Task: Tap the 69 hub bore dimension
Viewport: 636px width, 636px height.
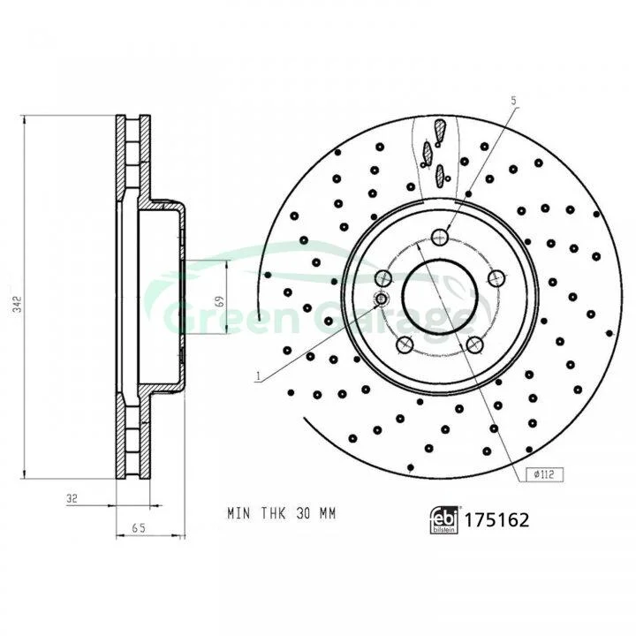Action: coord(220,301)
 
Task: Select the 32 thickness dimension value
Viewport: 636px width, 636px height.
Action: coord(72,498)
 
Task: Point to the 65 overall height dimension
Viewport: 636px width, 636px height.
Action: coord(139,527)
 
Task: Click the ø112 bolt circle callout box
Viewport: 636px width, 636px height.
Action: coord(544,474)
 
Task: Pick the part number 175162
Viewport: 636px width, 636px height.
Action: coord(496,520)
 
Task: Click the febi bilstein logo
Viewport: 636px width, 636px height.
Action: coord(443,519)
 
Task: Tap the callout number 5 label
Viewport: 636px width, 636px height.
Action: coord(514,101)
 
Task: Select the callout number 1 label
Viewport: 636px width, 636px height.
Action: coord(258,377)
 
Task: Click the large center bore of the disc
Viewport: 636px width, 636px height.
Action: coord(440,296)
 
